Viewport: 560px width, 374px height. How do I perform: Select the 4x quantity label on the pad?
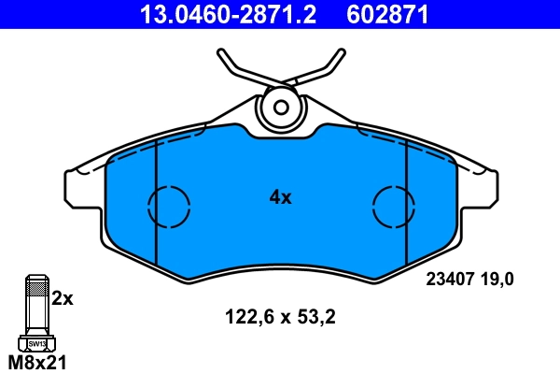click(280, 197)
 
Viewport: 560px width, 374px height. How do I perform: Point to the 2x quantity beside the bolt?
click(62, 298)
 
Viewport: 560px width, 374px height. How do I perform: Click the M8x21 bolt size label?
click(36, 362)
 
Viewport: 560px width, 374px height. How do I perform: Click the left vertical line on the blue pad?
click(155, 215)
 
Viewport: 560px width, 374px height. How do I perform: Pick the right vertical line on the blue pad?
click(407, 215)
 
